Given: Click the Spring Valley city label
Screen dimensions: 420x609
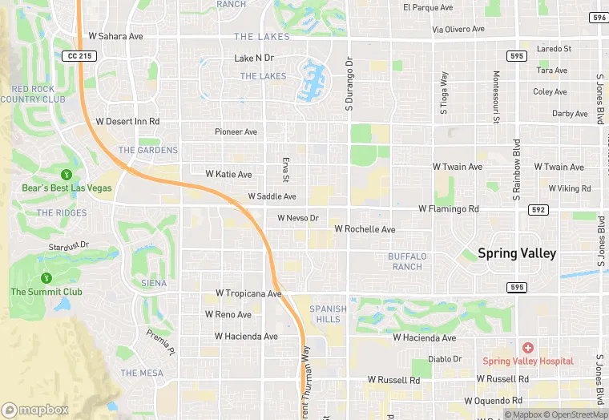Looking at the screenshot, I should [x=517, y=252].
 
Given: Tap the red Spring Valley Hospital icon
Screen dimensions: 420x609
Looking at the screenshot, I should [x=527, y=347].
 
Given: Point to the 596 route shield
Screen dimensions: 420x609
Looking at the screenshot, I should [x=598, y=18].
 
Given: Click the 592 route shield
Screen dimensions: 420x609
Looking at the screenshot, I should [x=539, y=209].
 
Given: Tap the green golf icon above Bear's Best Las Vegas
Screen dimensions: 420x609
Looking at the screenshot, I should [x=67, y=174].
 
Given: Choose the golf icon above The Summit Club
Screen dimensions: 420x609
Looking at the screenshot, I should [x=46, y=278].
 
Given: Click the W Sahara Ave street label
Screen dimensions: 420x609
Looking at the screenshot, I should [x=115, y=36].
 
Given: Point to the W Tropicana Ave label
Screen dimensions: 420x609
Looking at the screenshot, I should [x=249, y=294].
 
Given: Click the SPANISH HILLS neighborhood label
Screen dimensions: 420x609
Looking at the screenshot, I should [x=329, y=313].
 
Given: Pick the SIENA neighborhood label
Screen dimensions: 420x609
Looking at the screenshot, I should [x=154, y=283].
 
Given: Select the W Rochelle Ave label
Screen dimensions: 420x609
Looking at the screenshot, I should [x=365, y=229].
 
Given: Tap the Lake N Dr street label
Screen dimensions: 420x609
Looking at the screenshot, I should [x=254, y=59].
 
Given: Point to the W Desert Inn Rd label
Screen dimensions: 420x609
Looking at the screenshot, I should [x=127, y=122].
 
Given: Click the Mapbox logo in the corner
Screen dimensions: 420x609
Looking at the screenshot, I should [x=35, y=410].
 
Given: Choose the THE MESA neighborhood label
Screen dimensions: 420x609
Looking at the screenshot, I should [x=142, y=373].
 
